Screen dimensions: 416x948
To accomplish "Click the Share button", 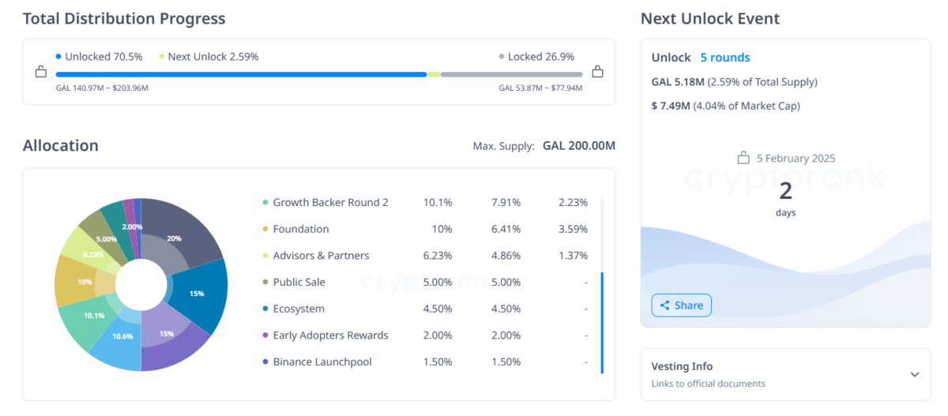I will (681, 305).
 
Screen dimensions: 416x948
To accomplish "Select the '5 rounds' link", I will (724, 58).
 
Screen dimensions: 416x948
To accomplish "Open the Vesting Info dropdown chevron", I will (914, 374).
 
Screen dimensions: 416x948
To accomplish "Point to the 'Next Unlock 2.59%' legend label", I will (213, 57).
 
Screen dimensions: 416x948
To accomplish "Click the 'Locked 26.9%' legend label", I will (541, 57).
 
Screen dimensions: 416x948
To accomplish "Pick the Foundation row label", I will (300, 229).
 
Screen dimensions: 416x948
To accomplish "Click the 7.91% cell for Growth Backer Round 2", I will (505, 202).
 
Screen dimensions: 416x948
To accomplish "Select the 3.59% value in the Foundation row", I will (573, 229).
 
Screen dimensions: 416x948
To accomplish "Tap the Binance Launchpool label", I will (322, 362).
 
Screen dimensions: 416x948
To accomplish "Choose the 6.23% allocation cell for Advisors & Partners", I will (438, 256).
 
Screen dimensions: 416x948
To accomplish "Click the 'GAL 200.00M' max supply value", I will (578, 146).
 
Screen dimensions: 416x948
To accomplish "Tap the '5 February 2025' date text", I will (796, 158).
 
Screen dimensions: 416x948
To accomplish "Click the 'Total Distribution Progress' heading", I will (124, 19).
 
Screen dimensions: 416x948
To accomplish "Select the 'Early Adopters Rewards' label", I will (330, 335).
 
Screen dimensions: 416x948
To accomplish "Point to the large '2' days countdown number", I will (785, 191).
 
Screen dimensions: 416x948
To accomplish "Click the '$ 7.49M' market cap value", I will (670, 106).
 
